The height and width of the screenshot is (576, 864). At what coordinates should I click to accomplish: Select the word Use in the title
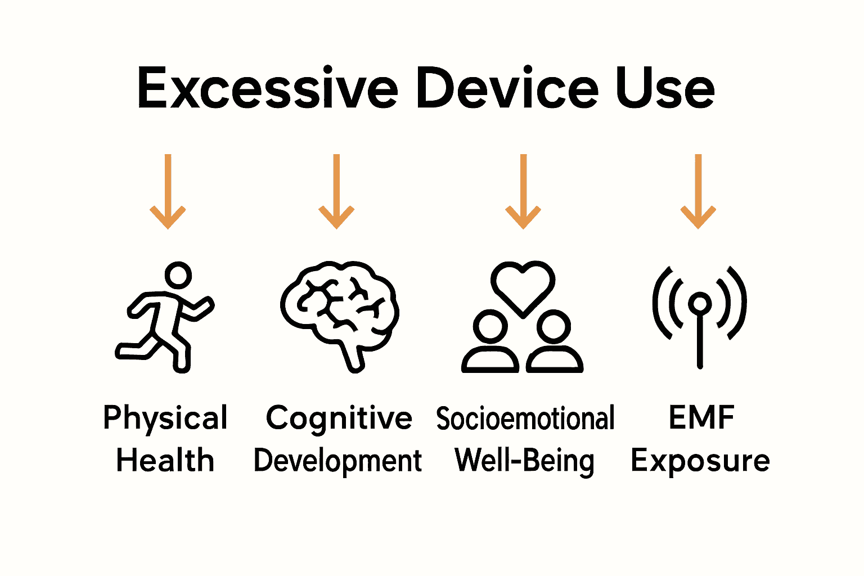pyautogui.click(x=665, y=89)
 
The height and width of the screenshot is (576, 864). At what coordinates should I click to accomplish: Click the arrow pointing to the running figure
pyautogui.click(x=168, y=191)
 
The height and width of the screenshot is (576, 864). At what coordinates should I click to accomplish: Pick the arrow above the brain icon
pyautogui.click(x=336, y=191)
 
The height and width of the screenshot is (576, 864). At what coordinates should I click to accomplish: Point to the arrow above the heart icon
pyautogui.click(x=523, y=191)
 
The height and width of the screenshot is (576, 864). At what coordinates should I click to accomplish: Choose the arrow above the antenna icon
pyautogui.click(x=698, y=191)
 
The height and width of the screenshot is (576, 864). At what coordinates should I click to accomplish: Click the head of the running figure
pyautogui.click(x=178, y=276)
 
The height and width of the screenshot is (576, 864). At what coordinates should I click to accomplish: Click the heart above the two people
pyautogui.click(x=523, y=284)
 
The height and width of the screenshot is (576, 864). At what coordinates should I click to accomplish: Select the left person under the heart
pyautogui.click(x=490, y=343)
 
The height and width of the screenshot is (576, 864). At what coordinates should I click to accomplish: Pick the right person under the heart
pyautogui.click(x=554, y=343)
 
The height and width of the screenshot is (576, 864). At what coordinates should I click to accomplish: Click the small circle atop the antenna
pyautogui.click(x=700, y=304)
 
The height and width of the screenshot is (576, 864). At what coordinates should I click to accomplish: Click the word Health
pyautogui.click(x=165, y=461)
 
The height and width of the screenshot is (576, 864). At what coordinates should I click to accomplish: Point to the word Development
pyautogui.click(x=337, y=461)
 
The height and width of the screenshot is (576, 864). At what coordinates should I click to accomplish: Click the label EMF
pyautogui.click(x=701, y=418)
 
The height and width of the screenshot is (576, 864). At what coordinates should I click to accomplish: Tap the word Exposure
pyautogui.click(x=700, y=462)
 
